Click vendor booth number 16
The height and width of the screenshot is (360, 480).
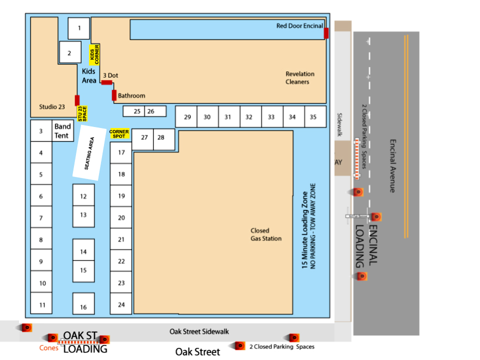83,304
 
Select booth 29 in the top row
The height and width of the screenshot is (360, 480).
187,117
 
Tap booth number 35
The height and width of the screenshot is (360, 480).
313,117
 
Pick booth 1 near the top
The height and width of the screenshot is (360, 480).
79,28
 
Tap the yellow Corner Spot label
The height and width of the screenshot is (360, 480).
119,134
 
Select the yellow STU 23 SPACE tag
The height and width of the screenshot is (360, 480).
82,114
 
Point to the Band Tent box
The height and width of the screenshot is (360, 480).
63,131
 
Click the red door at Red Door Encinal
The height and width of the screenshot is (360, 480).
326,33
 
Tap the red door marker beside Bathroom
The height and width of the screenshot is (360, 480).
114,95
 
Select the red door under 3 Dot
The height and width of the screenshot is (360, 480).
106,82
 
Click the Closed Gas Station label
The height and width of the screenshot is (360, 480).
266,234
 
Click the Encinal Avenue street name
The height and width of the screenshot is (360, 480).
392,165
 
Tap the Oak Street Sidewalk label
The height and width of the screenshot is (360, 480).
199,331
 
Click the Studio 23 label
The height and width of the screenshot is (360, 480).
52,106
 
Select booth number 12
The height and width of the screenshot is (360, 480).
83,196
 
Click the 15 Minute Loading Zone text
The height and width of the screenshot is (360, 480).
304,230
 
